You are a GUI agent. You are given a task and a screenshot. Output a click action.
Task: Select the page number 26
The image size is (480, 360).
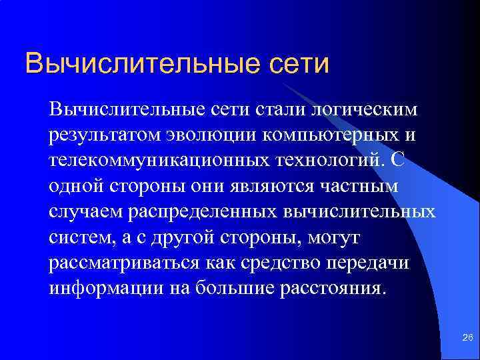click(x=467, y=339)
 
